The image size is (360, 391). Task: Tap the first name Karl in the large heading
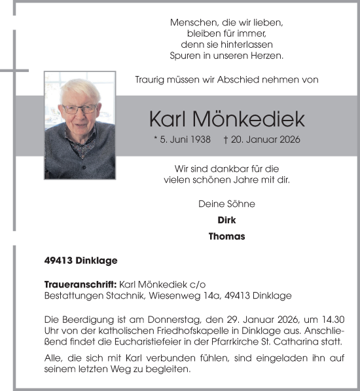168,119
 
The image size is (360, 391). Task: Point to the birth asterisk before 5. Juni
155,140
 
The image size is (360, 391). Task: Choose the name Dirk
226,220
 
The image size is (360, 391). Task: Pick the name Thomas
226,236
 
